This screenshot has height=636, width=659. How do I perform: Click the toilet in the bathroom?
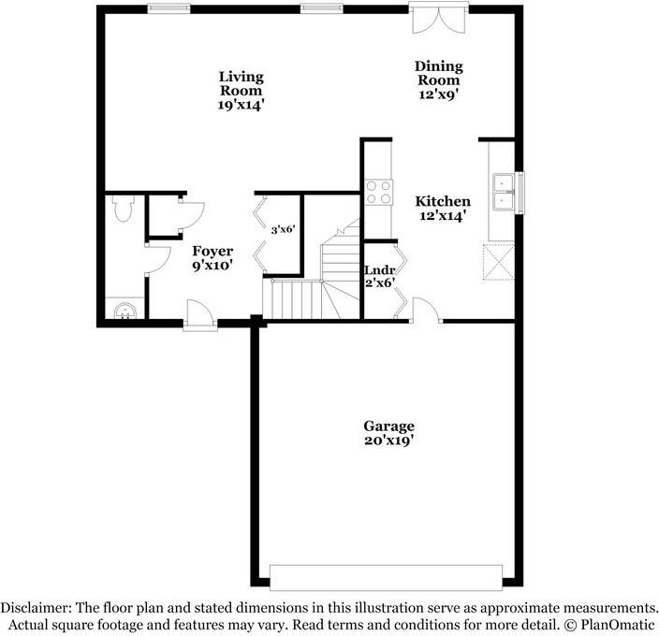click(124, 209)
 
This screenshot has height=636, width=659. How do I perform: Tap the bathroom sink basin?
click(124, 311)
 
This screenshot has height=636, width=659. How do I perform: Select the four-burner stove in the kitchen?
click(379, 193)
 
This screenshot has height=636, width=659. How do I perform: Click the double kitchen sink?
click(504, 192)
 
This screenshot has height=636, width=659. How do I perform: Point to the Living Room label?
click(241, 83)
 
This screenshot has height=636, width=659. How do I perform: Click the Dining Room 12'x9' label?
click(438, 79)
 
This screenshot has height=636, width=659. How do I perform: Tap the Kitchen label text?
click(443, 201)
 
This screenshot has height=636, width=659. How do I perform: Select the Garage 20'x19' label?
click(388, 433)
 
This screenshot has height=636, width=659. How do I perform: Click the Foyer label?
click(212, 251)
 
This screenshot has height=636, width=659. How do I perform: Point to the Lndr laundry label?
click(380, 270)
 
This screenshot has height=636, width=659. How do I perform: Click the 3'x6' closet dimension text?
click(283, 230)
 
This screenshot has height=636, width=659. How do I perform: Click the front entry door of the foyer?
click(200, 315)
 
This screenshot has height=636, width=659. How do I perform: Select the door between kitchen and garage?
click(426, 310)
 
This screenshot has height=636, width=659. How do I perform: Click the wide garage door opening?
click(386, 578)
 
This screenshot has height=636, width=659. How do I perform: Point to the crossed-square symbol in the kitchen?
click(498, 262)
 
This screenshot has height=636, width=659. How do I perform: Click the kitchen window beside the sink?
click(520, 193)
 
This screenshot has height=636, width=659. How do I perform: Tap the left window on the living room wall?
click(168, 8)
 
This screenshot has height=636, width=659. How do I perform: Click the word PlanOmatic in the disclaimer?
click(618, 625)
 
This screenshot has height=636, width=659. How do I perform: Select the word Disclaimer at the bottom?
click(35, 607)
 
